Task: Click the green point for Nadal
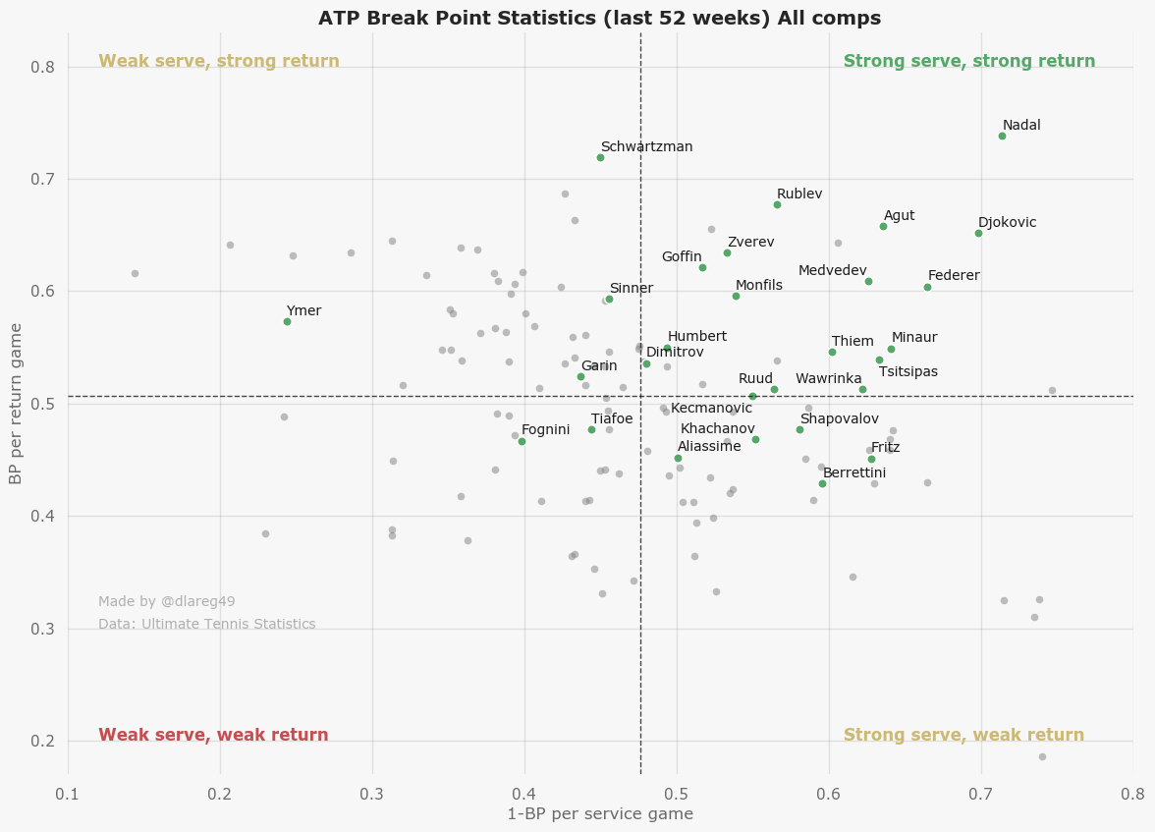pyautogui.click(x=1002, y=136)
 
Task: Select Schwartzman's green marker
pyautogui.click(x=600, y=157)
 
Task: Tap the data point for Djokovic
pyautogui.click(x=978, y=233)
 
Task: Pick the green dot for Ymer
pyautogui.click(x=287, y=321)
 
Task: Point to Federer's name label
pyautogui.click(x=954, y=276)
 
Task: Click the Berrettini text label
pyautogui.click(x=854, y=472)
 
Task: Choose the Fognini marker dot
pyautogui.click(x=522, y=441)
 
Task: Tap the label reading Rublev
pyautogui.click(x=799, y=194)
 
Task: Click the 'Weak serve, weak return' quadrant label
pyautogui.click(x=214, y=735)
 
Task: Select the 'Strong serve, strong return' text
pyautogui.click(x=969, y=61)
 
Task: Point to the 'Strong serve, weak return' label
pyautogui.click(x=963, y=735)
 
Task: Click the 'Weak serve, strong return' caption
pyautogui.click(x=219, y=61)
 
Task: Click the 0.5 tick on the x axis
pyautogui.click(x=677, y=793)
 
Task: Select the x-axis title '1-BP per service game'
pyautogui.click(x=600, y=814)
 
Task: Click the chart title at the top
pyautogui.click(x=599, y=18)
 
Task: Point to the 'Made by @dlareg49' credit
pyautogui.click(x=167, y=601)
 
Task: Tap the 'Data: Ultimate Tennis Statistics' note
pyautogui.click(x=207, y=624)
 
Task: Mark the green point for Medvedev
pyautogui.click(x=868, y=281)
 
